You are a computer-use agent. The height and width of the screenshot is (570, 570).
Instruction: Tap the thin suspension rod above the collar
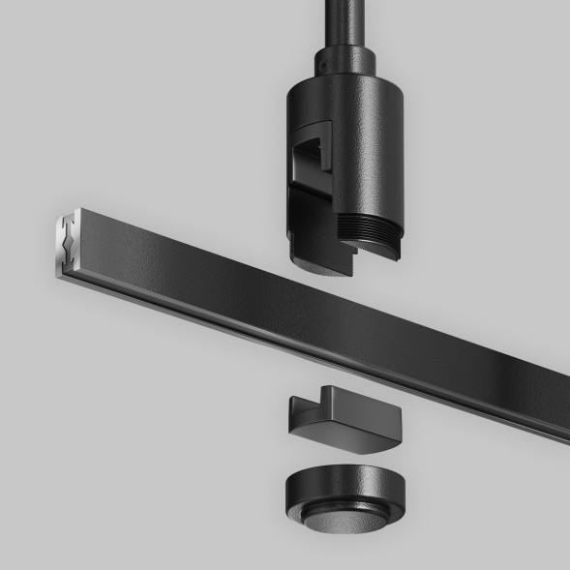pyautogui.click(x=344, y=19)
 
